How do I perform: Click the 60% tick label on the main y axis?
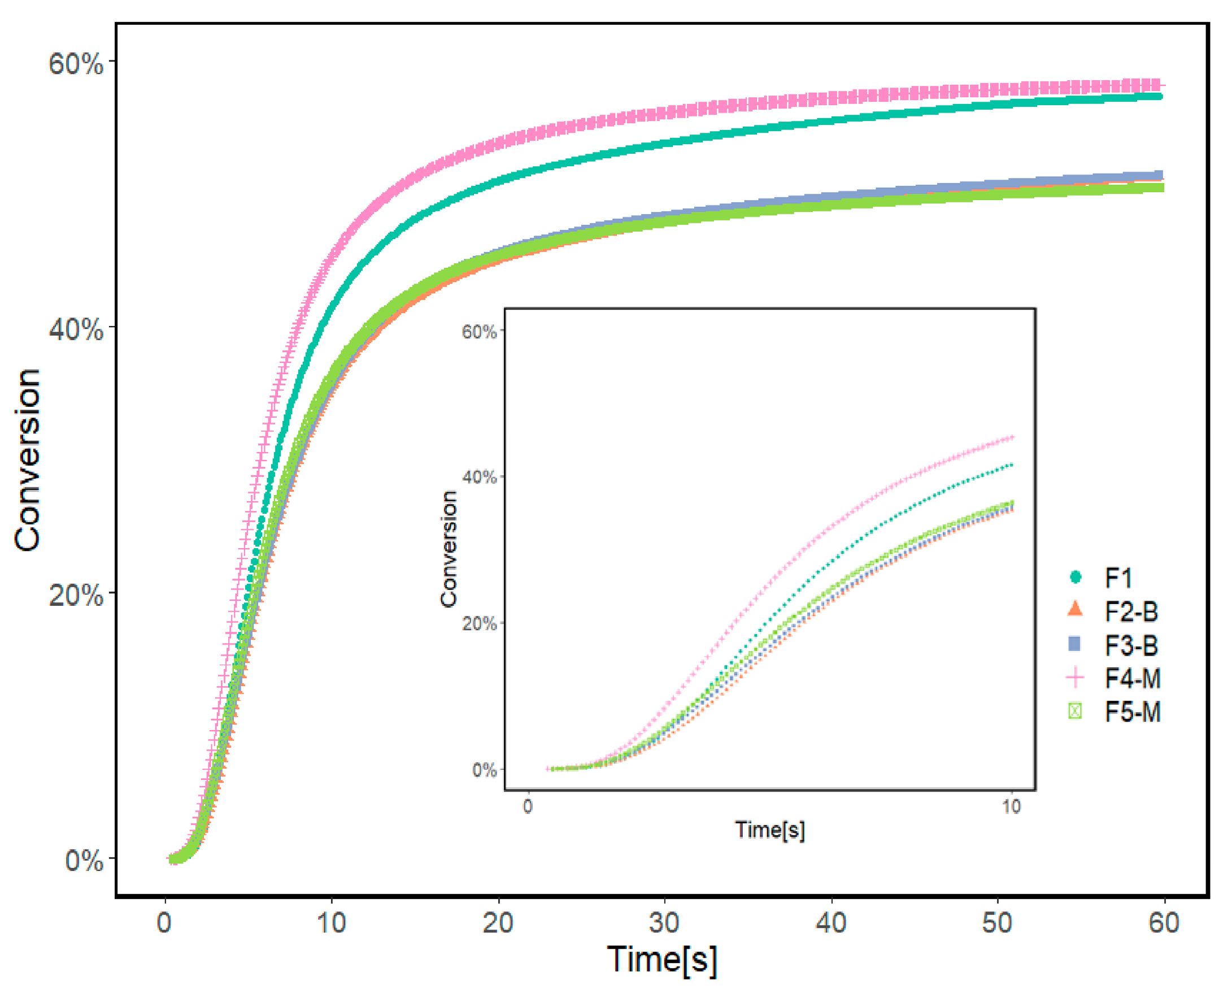click(76, 63)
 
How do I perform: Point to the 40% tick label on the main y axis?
click(76, 329)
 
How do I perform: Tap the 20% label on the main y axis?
click(76, 595)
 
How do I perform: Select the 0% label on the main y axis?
click(84, 861)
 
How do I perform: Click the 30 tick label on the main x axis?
click(664, 923)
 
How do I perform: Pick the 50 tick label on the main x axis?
click(996, 923)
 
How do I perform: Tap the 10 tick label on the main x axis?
click(331, 923)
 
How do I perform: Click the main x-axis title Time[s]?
click(662, 960)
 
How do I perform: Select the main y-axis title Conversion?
click(28, 460)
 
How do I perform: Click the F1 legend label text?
click(1118, 578)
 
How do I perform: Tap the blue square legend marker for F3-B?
click(1074, 644)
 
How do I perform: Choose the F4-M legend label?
click(1132, 678)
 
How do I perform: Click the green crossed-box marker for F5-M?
click(1074, 711)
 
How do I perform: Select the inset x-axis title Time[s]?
click(769, 830)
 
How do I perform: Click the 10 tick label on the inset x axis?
click(1011, 806)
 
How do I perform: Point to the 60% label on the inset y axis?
click(478, 332)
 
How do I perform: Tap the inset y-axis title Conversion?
click(449, 549)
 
